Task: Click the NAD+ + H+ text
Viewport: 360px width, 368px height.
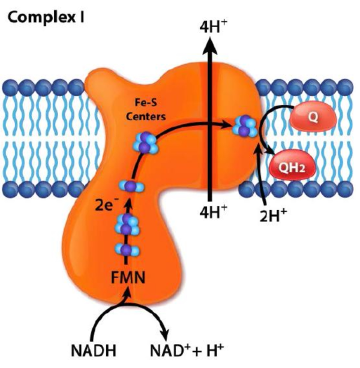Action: click(x=196, y=350)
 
